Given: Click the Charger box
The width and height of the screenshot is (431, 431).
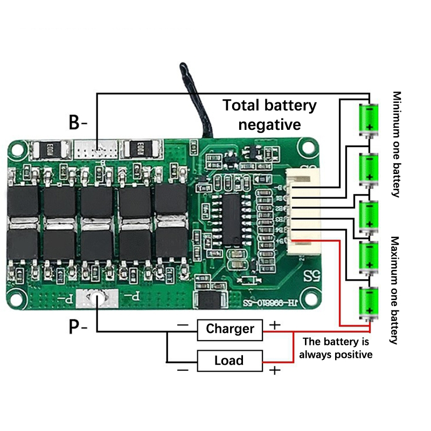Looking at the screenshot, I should pyautogui.click(x=230, y=329).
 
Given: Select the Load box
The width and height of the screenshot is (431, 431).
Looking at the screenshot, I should pyautogui.click(x=230, y=360).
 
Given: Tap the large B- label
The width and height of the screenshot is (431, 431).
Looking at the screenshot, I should pyautogui.click(x=78, y=122).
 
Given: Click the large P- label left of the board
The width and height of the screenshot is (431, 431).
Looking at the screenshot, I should pyautogui.click(x=78, y=326).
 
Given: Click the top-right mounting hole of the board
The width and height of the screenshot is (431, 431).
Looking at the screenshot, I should pyautogui.click(x=308, y=146).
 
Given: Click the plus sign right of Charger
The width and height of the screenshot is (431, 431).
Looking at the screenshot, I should pyautogui.click(x=275, y=324).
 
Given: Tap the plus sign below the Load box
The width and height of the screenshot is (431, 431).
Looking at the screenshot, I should pyautogui.click(x=275, y=370).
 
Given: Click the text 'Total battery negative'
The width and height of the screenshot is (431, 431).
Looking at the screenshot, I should pyautogui.click(x=269, y=115).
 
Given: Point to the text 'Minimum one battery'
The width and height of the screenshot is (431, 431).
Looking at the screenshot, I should pyautogui.click(x=397, y=144).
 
